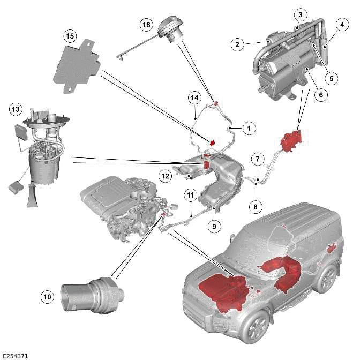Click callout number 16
click(146, 25)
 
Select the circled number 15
click(69, 36)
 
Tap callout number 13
click(16, 110)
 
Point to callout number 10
click(48, 295)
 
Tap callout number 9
click(214, 227)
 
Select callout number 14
click(194, 97)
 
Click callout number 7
click(257, 159)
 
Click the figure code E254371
click(16, 355)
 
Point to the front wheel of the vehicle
click(255, 327)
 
